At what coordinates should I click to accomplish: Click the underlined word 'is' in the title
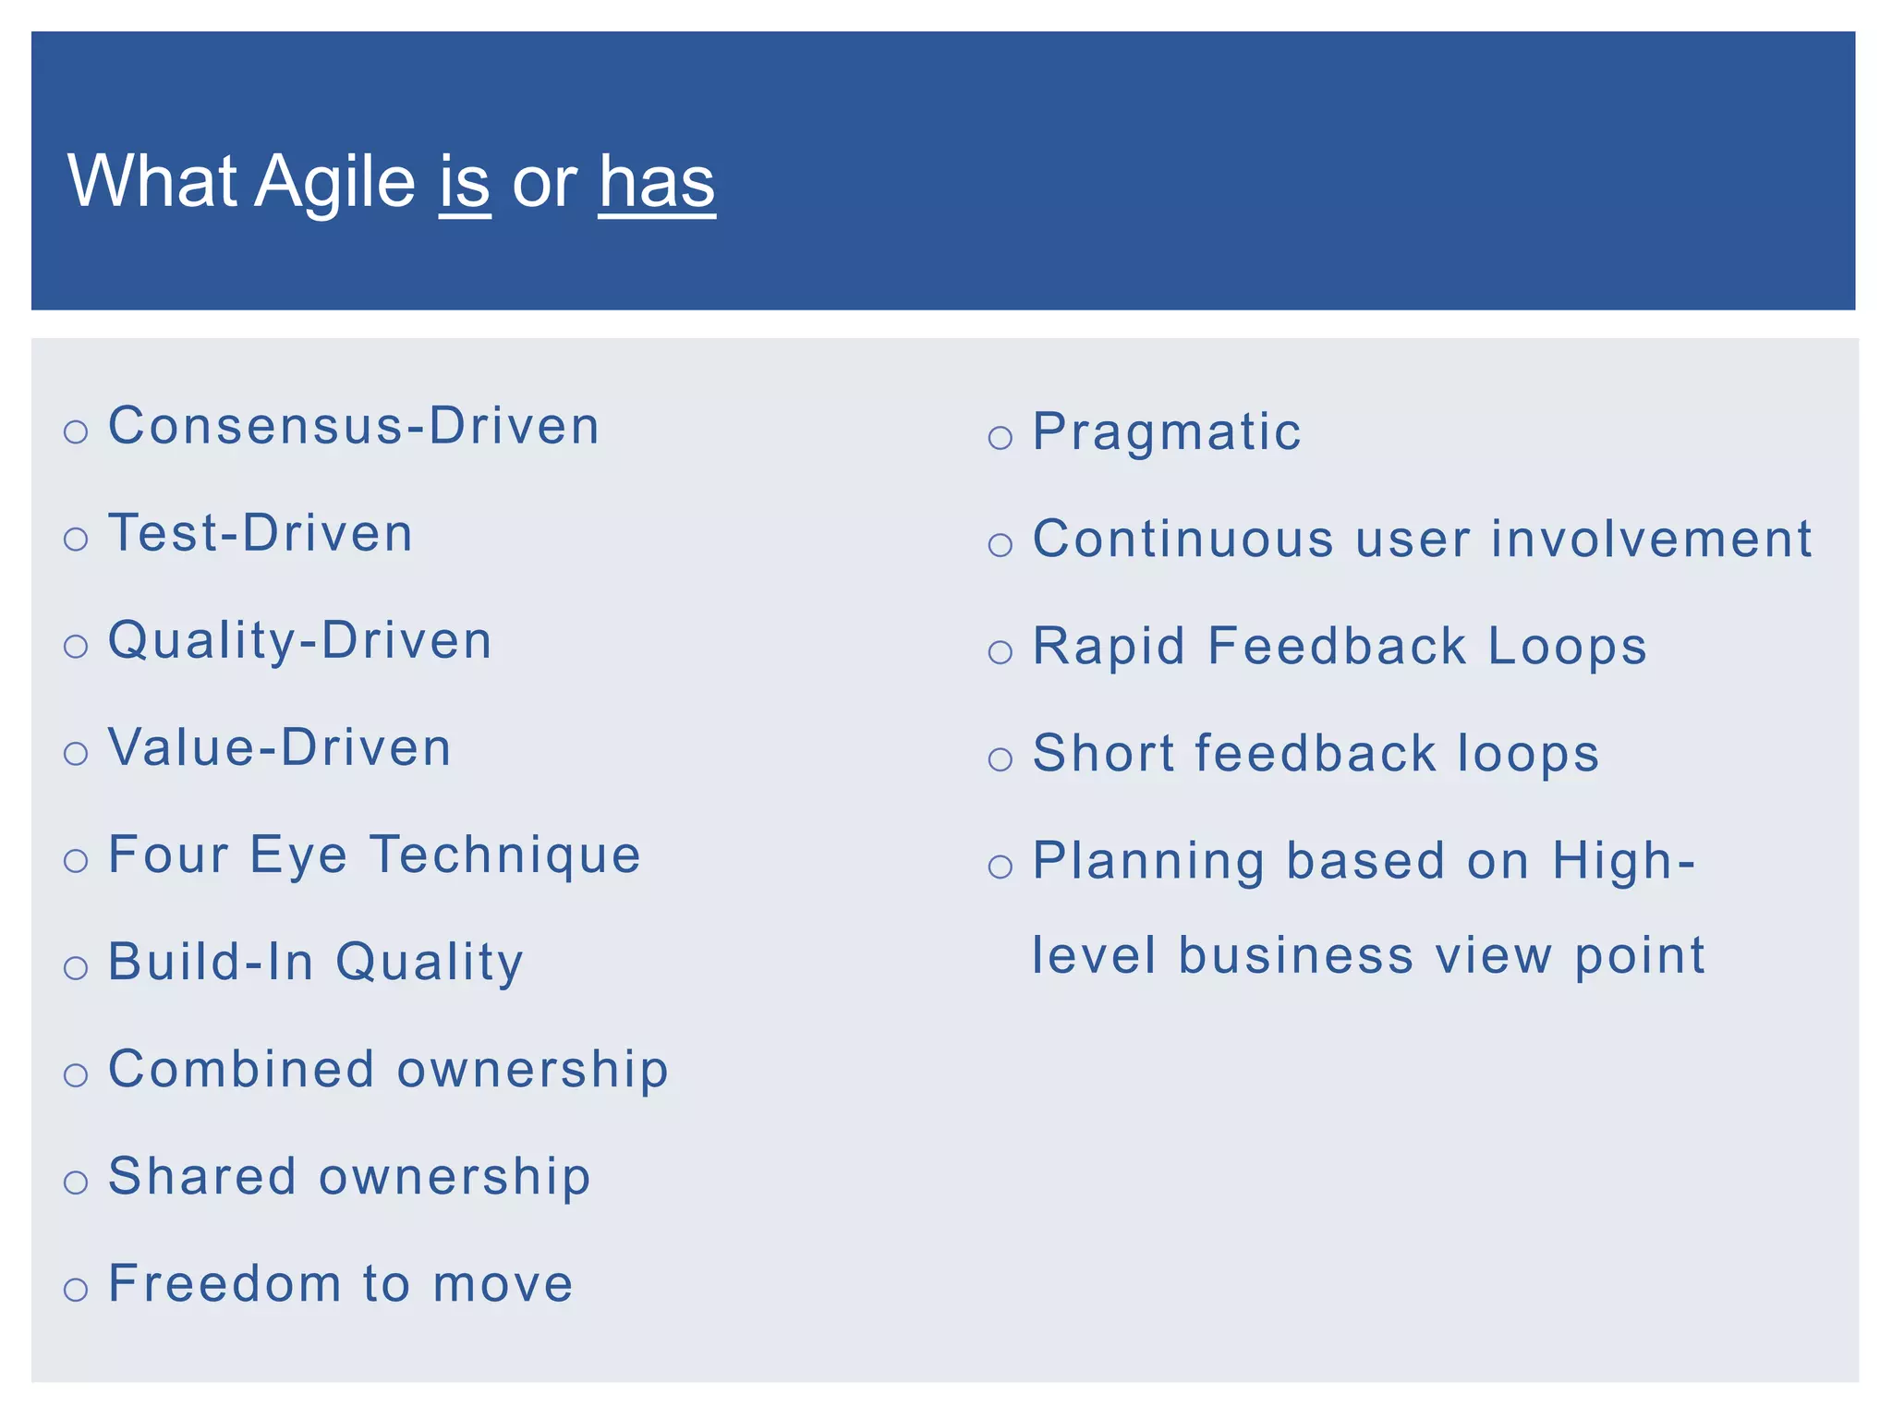point(464,182)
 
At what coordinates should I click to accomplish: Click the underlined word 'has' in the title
point(657,182)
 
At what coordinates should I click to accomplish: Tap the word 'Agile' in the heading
point(334,182)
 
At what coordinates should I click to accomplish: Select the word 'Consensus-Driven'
point(354,426)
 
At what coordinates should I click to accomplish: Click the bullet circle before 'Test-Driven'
point(76,539)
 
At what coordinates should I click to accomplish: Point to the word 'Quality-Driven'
point(300,640)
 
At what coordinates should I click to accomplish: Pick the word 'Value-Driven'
point(280,747)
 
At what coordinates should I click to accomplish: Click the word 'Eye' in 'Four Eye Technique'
point(298,855)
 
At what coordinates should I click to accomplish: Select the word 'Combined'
point(241,1069)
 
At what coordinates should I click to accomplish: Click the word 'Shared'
point(202,1176)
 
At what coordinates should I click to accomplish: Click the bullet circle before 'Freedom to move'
point(76,1289)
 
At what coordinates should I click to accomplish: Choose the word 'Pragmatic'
point(1167,431)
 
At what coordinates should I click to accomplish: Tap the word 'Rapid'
point(1109,646)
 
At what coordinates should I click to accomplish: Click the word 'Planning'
point(1148,862)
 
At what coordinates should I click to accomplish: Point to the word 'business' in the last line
point(1295,955)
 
